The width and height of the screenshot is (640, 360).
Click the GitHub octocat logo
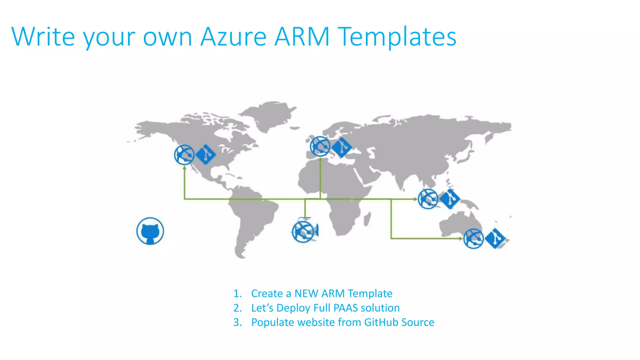(x=150, y=231)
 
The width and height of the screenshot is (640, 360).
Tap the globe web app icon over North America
(x=184, y=155)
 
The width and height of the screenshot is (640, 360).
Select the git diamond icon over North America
(x=205, y=154)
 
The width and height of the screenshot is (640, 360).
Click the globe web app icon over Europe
(x=320, y=146)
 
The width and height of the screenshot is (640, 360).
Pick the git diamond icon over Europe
(x=342, y=147)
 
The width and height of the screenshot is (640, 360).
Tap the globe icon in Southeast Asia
(x=428, y=199)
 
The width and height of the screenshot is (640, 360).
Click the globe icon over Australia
(x=473, y=238)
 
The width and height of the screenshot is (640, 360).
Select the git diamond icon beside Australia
(x=495, y=238)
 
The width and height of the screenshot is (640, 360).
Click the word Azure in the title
(x=233, y=37)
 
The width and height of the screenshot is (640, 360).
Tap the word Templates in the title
(x=397, y=37)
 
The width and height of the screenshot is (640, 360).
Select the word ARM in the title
(x=302, y=37)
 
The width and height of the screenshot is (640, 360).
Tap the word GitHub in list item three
(x=381, y=322)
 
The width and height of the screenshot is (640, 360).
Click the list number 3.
(x=237, y=322)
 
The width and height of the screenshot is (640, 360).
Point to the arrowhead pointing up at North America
(x=185, y=168)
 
